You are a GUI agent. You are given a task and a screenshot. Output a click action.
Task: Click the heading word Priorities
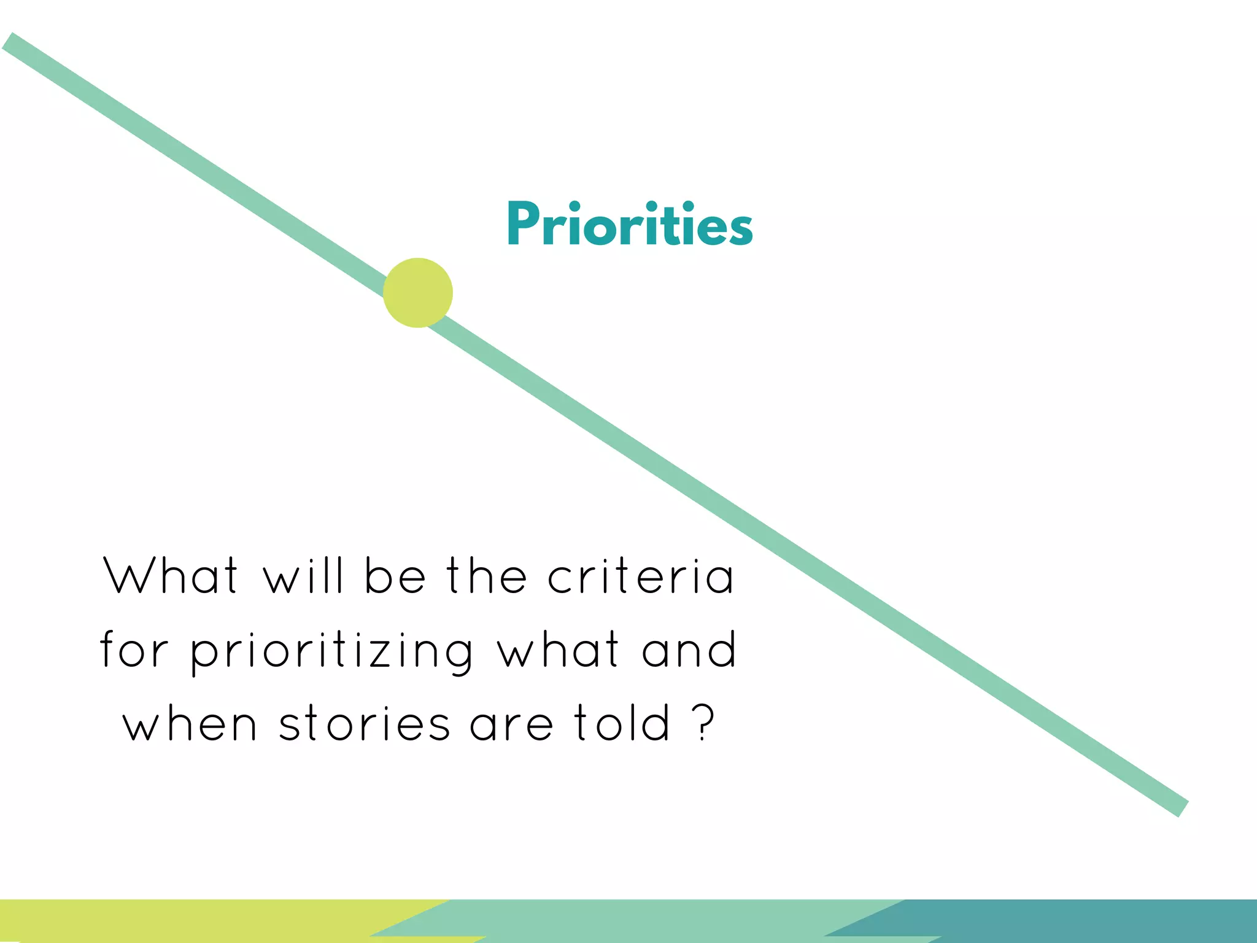(x=630, y=225)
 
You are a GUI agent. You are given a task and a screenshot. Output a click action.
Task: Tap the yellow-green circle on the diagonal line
(x=418, y=293)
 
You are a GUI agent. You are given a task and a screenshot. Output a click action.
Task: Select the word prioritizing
(x=332, y=652)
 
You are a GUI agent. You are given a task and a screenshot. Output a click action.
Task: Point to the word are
(x=511, y=724)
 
